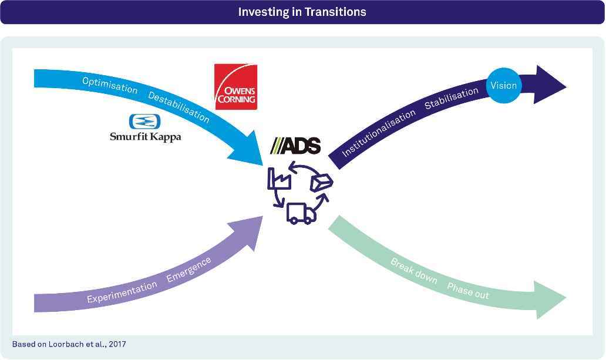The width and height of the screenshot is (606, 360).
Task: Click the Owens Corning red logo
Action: [x=235, y=86]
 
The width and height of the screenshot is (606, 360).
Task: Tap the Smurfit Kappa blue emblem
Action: [x=145, y=121]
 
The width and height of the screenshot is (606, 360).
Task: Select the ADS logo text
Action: [x=295, y=146]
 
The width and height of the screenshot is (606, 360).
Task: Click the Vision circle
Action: [x=504, y=86]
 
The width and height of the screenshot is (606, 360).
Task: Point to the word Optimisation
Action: [x=110, y=85]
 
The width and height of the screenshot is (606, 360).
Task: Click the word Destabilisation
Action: [x=179, y=107]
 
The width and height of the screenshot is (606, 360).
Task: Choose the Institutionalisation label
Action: [x=379, y=133]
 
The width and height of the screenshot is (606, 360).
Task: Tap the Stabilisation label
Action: [x=452, y=98]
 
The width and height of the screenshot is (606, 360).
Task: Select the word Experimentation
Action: [x=122, y=292]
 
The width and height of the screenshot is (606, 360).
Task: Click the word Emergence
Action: [x=189, y=269]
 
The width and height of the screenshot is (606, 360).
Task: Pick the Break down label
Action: [x=414, y=271]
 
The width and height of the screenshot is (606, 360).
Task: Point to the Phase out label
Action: [x=468, y=291]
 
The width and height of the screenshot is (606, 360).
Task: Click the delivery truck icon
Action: [x=301, y=213]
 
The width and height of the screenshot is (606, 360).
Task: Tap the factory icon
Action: [x=279, y=179]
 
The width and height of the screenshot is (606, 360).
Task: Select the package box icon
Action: [x=322, y=182]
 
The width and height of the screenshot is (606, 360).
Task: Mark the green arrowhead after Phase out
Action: [x=550, y=300]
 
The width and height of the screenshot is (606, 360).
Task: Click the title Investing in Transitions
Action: [x=302, y=12]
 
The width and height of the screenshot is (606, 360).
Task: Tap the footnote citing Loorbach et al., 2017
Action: [x=69, y=344]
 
